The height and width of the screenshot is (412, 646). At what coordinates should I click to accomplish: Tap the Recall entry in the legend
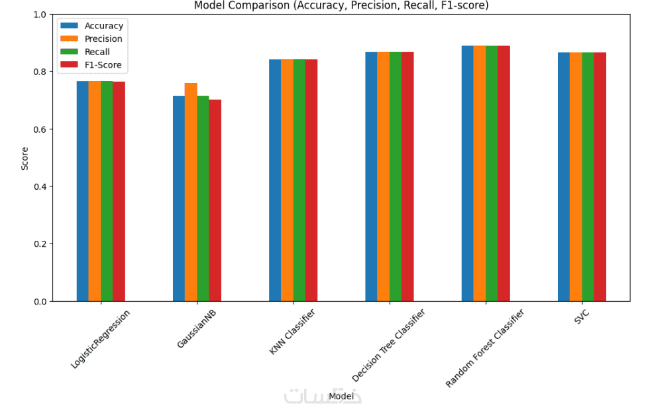[x=97, y=52]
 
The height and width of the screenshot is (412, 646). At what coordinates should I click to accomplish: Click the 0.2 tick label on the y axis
[x=39, y=244]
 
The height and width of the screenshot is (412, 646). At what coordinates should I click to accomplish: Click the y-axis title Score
[x=25, y=158]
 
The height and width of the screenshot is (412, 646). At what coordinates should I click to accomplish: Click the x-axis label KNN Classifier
[x=292, y=332]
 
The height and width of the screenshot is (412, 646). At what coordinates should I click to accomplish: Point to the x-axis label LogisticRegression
[x=100, y=339]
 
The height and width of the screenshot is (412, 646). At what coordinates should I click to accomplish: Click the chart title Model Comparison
[x=341, y=5]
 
